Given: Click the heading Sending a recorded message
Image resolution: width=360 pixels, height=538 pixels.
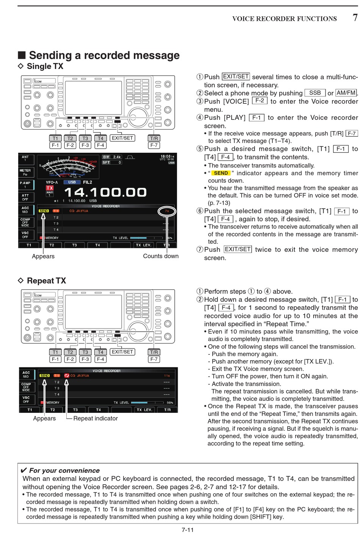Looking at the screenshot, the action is [x=104, y=55].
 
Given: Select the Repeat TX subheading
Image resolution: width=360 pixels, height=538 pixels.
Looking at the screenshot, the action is [x=46, y=281].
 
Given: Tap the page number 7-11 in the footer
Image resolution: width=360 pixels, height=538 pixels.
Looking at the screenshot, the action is [x=188, y=530].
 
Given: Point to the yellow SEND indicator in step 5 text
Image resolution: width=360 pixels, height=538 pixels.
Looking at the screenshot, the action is [x=221, y=173].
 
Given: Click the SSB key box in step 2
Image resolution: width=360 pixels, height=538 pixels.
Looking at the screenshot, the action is [x=315, y=93].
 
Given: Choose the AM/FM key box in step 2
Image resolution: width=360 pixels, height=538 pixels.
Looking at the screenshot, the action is [x=346, y=93].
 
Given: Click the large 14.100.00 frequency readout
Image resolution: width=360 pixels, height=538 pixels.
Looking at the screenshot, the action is [x=105, y=192].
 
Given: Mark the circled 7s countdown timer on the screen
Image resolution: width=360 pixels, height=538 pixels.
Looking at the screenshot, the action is [x=167, y=211].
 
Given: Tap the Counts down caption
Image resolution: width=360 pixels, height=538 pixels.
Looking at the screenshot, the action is [x=161, y=256].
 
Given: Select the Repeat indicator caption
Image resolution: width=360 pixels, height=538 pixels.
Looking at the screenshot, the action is [x=95, y=418].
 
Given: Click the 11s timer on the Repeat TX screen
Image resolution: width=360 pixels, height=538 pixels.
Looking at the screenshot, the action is [x=167, y=375].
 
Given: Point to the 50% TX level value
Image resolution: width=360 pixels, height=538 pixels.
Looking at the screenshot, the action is [x=170, y=403].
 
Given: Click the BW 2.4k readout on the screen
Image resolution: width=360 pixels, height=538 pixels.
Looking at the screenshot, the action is [x=112, y=157].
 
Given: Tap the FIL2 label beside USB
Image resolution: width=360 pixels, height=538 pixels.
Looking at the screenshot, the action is [x=88, y=182].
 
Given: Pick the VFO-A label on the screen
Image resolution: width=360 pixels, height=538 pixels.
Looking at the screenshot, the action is [x=52, y=182].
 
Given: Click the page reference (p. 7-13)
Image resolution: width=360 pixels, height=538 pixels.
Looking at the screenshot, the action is [x=219, y=203].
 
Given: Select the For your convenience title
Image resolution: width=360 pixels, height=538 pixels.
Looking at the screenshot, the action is [x=64, y=471].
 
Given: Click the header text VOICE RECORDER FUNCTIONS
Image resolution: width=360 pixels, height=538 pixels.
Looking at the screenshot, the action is [x=284, y=19].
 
